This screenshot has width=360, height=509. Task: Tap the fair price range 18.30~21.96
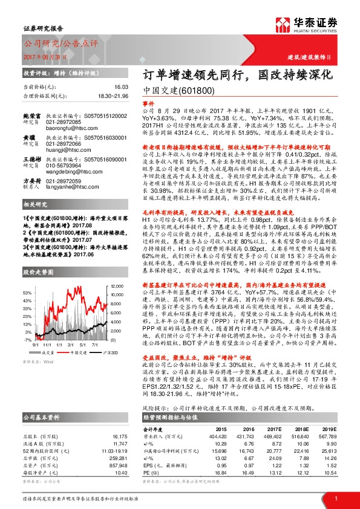point(113,96)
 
